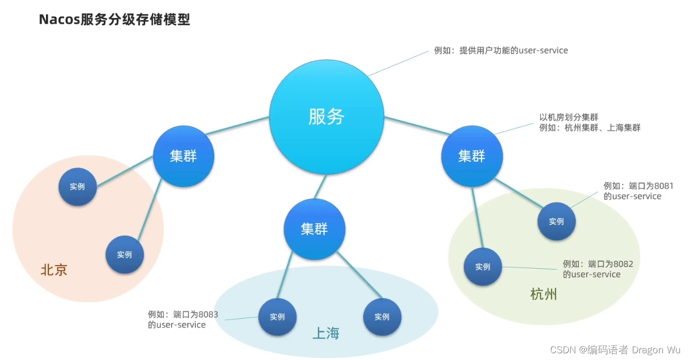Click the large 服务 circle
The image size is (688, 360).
(326, 116)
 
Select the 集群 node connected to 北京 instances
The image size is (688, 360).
(183, 156)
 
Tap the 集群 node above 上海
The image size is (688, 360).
(314, 229)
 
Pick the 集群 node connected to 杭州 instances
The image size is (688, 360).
(472, 156)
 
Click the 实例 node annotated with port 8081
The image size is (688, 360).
(556, 222)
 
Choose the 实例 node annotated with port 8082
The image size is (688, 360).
(483, 267)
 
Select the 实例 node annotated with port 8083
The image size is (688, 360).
(277, 317)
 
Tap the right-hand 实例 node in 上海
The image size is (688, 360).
(382, 317)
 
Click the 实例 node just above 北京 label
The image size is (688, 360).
(124, 255)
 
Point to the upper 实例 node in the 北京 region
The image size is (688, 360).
(77, 186)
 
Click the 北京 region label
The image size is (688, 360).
(54, 270)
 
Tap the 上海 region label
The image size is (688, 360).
(326, 334)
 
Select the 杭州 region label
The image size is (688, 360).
(543, 294)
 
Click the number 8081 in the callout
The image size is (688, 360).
(663, 186)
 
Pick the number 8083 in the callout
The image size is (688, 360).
(208, 314)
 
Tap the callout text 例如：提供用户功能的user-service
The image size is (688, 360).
(501, 51)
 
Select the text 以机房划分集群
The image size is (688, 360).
(569, 117)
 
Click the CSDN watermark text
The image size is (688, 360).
(563, 350)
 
